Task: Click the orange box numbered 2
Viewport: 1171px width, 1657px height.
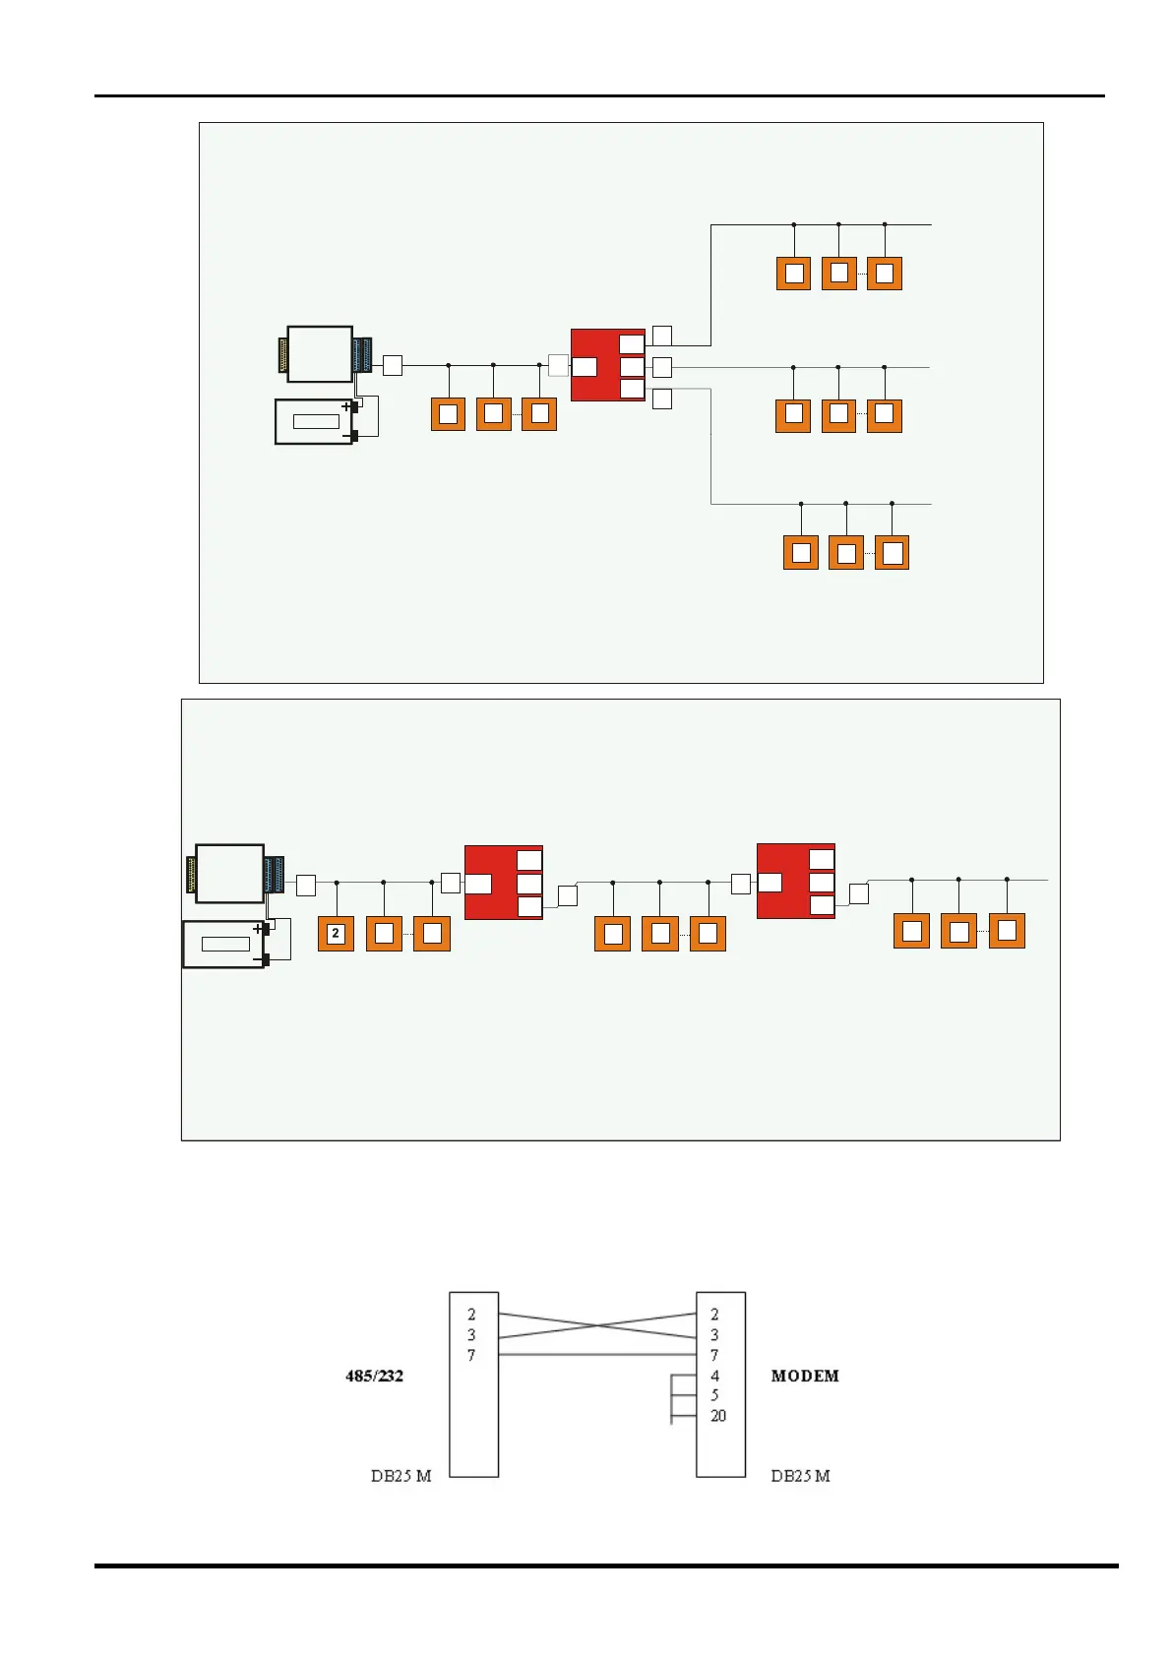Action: [x=336, y=933]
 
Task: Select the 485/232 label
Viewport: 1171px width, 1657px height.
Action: [x=374, y=1376]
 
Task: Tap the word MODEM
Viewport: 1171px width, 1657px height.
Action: [x=805, y=1376]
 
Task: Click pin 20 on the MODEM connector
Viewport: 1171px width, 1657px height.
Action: [x=718, y=1416]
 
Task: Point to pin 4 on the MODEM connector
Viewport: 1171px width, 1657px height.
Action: [x=714, y=1376]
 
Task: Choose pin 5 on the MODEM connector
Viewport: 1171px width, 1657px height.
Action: [x=714, y=1395]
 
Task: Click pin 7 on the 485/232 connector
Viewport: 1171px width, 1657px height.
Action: [x=471, y=1355]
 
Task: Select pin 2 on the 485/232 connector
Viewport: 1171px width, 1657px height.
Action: [x=471, y=1315]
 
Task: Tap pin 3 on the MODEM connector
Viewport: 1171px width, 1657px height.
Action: [x=714, y=1335]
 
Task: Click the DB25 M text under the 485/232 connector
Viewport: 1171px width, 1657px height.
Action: [x=401, y=1476]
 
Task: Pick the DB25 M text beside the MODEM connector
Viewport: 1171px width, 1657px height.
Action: [x=800, y=1476]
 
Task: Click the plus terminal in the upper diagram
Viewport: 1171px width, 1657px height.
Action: [x=347, y=405]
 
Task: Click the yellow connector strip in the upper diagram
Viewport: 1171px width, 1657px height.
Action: [x=283, y=355]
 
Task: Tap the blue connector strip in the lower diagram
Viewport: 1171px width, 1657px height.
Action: [x=274, y=874]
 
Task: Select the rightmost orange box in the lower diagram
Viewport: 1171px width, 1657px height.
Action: [x=1007, y=931]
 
